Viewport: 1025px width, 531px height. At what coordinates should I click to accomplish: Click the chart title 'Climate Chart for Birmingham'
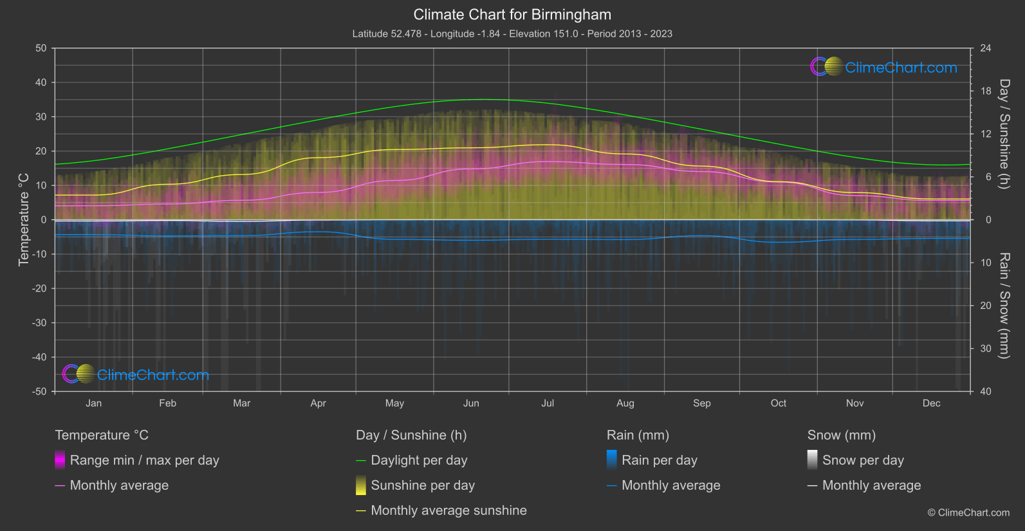(x=512, y=14)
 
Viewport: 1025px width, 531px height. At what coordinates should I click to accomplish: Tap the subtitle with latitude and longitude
(x=512, y=33)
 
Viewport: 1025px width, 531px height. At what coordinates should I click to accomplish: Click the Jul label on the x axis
(x=548, y=403)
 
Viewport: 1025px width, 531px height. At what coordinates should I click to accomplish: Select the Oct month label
(x=779, y=403)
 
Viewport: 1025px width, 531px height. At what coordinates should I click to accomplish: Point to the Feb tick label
(x=167, y=403)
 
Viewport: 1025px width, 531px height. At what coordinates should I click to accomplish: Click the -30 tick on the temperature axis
(x=39, y=322)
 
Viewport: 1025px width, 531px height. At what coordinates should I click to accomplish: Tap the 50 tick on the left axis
(x=41, y=48)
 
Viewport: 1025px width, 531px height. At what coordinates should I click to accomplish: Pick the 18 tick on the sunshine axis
(x=986, y=91)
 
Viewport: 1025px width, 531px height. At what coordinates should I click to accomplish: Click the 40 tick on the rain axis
(x=986, y=391)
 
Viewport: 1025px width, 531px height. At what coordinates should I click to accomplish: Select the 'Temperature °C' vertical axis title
(x=24, y=219)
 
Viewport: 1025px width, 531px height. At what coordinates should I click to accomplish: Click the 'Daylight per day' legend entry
(x=419, y=460)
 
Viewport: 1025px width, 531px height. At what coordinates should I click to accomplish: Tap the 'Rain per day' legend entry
(x=659, y=460)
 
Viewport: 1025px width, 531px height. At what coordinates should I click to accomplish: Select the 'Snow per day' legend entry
(x=863, y=460)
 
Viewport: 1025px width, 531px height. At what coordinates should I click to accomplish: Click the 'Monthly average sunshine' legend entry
(x=448, y=510)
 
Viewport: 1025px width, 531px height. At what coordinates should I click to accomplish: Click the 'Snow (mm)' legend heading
(x=842, y=435)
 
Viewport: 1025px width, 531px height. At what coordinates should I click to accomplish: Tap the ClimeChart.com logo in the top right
(x=884, y=67)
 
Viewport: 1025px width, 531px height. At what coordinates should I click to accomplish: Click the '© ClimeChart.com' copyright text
(x=968, y=512)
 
